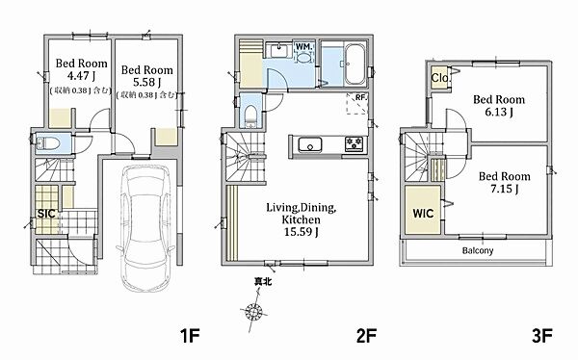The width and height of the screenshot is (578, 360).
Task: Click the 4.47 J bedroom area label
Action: point(81,75)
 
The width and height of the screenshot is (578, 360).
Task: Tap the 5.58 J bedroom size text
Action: point(146,82)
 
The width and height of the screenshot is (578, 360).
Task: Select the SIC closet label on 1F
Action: point(46,214)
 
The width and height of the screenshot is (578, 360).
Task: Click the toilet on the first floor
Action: point(48,143)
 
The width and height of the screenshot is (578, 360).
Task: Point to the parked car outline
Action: point(145,228)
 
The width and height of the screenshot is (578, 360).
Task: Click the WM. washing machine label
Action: point(304,47)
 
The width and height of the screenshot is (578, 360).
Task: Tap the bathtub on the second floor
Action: point(355,64)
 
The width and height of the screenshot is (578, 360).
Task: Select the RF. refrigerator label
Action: point(361,97)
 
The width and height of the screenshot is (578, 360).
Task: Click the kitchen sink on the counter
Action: point(310,144)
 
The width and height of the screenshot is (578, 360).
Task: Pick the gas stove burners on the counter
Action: point(355,143)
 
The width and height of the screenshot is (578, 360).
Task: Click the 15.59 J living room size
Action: point(302,232)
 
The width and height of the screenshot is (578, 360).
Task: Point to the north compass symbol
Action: point(254,310)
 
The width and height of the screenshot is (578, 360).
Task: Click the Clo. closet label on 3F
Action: point(440,78)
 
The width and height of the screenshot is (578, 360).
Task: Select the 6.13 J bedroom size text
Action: point(499,112)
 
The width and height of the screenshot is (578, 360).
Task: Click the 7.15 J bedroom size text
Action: point(504,189)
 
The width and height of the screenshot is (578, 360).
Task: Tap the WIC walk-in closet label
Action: point(423,214)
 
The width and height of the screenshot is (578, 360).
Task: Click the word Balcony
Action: point(478,250)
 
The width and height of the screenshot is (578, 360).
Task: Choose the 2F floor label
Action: point(366,336)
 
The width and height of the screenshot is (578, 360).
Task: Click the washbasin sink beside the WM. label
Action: point(281,50)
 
